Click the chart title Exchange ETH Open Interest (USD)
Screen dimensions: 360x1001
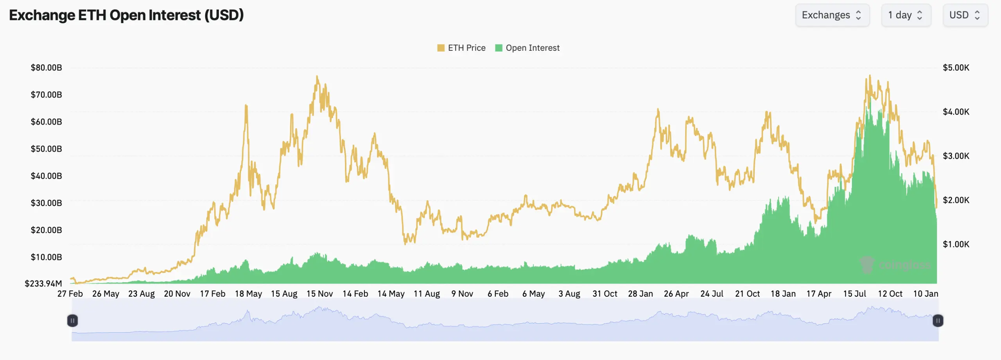[x=126, y=15]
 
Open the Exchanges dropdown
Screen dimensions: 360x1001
[x=832, y=15]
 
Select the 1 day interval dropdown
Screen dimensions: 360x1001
[x=906, y=15]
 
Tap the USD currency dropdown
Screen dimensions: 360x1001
[x=965, y=15]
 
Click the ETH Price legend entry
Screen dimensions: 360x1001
[x=461, y=48]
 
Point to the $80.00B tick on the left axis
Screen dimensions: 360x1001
[x=46, y=68]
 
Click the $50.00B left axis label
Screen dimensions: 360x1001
[x=46, y=149]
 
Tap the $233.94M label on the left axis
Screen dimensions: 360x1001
[x=43, y=283]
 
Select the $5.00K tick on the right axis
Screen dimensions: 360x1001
[x=956, y=68]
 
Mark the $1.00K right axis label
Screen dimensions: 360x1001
[x=956, y=244]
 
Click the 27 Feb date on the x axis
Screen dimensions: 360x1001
[x=70, y=294]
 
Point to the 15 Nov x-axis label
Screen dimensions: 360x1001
[x=319, y=294]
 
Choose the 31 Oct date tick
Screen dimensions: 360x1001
[x=605, y=294]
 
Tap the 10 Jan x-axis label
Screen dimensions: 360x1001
[x=925, y=294]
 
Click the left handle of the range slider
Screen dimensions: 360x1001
[x=72, y=321]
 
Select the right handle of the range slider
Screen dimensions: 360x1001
[x=938, y=321]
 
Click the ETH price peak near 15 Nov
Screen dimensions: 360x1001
[x=317, y=77]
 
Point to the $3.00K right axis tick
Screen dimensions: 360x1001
[x=956, y=156]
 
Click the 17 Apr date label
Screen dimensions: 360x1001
[x=818, y=294]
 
